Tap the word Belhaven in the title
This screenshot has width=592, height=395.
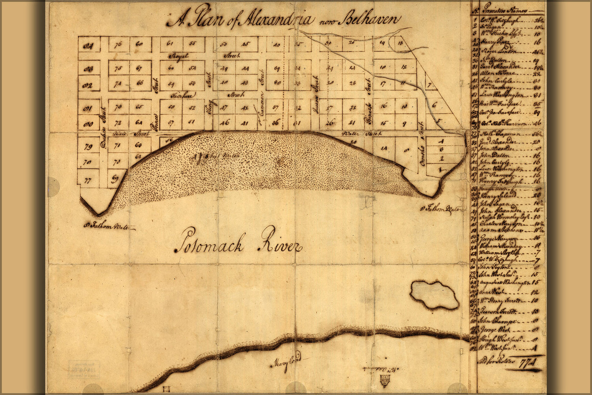pyautogui.click(x=371, y=19)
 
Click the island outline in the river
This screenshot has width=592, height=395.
pyautogui.click(x=434, y=294)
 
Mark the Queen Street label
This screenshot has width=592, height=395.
pyautogui.click(x=316, y=103)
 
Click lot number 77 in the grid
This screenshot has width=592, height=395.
pyautogui.click(x=88, y=181)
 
